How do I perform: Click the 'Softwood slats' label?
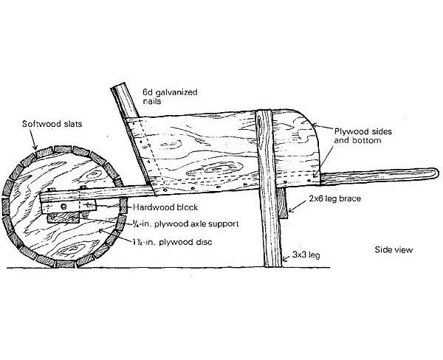tap(52, 124)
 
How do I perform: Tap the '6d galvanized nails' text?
tap(170, 97)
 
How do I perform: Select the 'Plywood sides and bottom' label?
tap(363, 136)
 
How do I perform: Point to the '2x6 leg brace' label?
tap(334, 198)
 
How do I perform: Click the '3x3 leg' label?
tap(306, 255)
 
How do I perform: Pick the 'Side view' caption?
tap(394, 249)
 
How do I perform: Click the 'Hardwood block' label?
tap(165, 207)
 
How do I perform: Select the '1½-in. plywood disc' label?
tap(172, 242)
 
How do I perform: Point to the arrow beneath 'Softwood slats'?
tap(33, 140)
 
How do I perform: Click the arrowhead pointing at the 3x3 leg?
tap(285, 258)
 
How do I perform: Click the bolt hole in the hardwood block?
tap(63, 207)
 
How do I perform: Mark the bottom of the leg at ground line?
tap(273, 266)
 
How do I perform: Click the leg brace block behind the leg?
tap(281, 204)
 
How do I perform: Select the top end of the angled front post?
tap(118, 86)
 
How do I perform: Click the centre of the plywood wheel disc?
tap(64, 207)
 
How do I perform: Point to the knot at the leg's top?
tap(259, 122)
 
